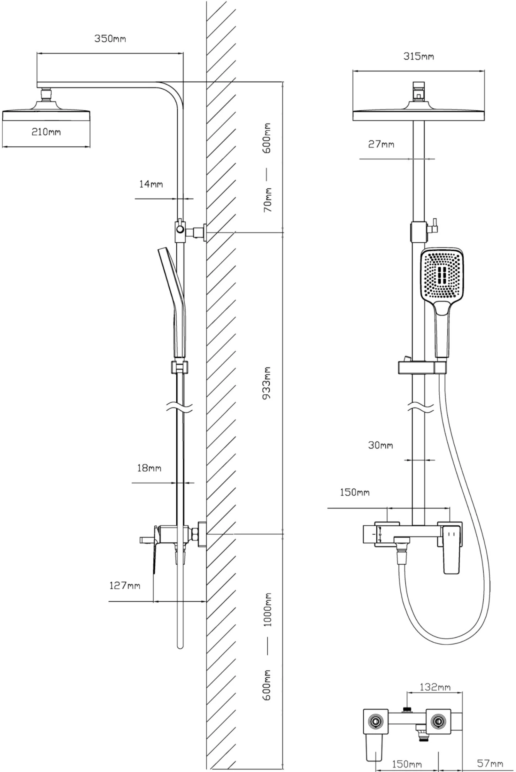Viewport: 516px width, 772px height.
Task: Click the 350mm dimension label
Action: tap(110, 39)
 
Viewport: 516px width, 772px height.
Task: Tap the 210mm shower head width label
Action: tap(46, 132)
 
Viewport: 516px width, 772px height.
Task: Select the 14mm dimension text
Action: tap(151, 184)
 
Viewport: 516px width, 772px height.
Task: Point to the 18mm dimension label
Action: tap(149, 468)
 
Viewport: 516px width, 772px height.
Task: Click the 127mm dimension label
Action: tap(125, 586)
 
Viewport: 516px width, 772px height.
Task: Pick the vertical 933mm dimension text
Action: tap(267, 383)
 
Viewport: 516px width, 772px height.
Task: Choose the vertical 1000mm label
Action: tap(267, 610)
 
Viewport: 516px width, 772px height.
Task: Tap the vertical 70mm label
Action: tap(267, 200)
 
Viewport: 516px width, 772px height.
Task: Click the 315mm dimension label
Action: tap(418, 56)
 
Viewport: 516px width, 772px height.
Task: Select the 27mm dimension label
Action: tap(381, 144)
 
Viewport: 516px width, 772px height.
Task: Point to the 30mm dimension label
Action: tap(380, 445)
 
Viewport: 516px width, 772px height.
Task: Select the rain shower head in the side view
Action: tap(46, 114)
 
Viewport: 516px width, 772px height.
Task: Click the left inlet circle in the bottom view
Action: tap(374, 720)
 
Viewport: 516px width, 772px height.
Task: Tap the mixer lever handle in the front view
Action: tap(452, 550)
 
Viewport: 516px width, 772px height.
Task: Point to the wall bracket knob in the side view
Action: tap(180, 230)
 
